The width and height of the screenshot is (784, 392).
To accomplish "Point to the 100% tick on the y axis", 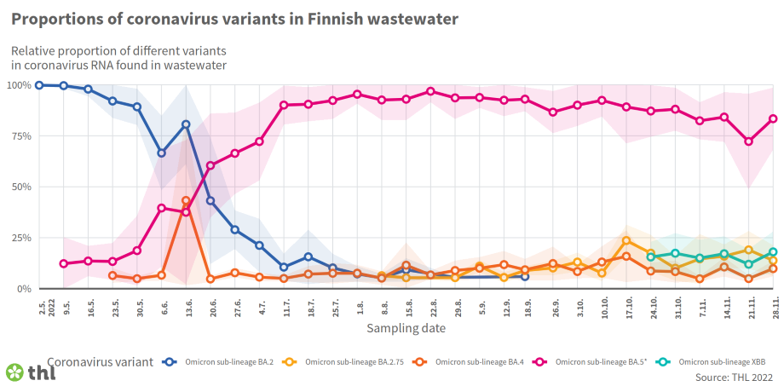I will click(19, 85).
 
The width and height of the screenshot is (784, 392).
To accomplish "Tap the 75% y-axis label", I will click(20, 136).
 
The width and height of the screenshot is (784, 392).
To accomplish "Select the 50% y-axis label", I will click(20, 187).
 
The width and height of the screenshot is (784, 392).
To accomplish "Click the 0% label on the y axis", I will click(23, 289).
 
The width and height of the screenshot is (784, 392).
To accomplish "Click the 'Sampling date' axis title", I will click(405, 327).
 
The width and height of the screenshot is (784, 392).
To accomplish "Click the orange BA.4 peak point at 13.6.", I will click(186, 201).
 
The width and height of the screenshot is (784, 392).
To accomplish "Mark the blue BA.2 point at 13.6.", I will click(186, 124).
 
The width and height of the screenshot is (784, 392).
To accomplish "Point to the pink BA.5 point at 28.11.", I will click(774, 119).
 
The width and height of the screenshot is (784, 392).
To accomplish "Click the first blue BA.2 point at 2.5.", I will click(39, 85).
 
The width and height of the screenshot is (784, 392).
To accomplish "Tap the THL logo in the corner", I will click(31, 372).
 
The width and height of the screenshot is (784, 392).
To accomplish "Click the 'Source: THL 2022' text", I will click(734, 377).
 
